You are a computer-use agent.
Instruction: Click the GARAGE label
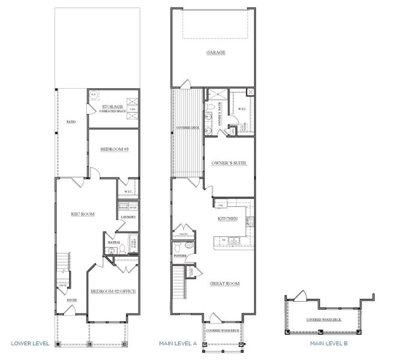click(x=216, y=53)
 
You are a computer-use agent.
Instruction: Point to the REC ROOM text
click(x=83, y=214)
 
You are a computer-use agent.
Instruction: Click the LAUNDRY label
click(x=128, y=217)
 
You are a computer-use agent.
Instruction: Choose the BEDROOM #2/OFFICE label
click(x=113, y=291)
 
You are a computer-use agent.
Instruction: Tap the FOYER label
click(x=71, y=300)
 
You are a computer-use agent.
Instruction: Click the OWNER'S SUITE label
click(x=229, y=163)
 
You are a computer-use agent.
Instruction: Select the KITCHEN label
click(x=228, y=219)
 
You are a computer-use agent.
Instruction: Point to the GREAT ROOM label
click(x=225, y=283)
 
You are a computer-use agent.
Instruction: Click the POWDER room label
click(x=180, y=256)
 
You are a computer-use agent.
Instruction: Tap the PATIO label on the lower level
click(x=71, y=121)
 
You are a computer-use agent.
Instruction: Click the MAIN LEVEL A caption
click(x=178, y=344)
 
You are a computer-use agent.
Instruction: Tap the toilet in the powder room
click(x=188, y=245)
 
